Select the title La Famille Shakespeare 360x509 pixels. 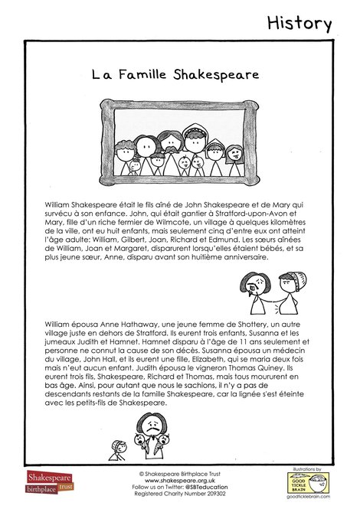(x=175, y=75)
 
